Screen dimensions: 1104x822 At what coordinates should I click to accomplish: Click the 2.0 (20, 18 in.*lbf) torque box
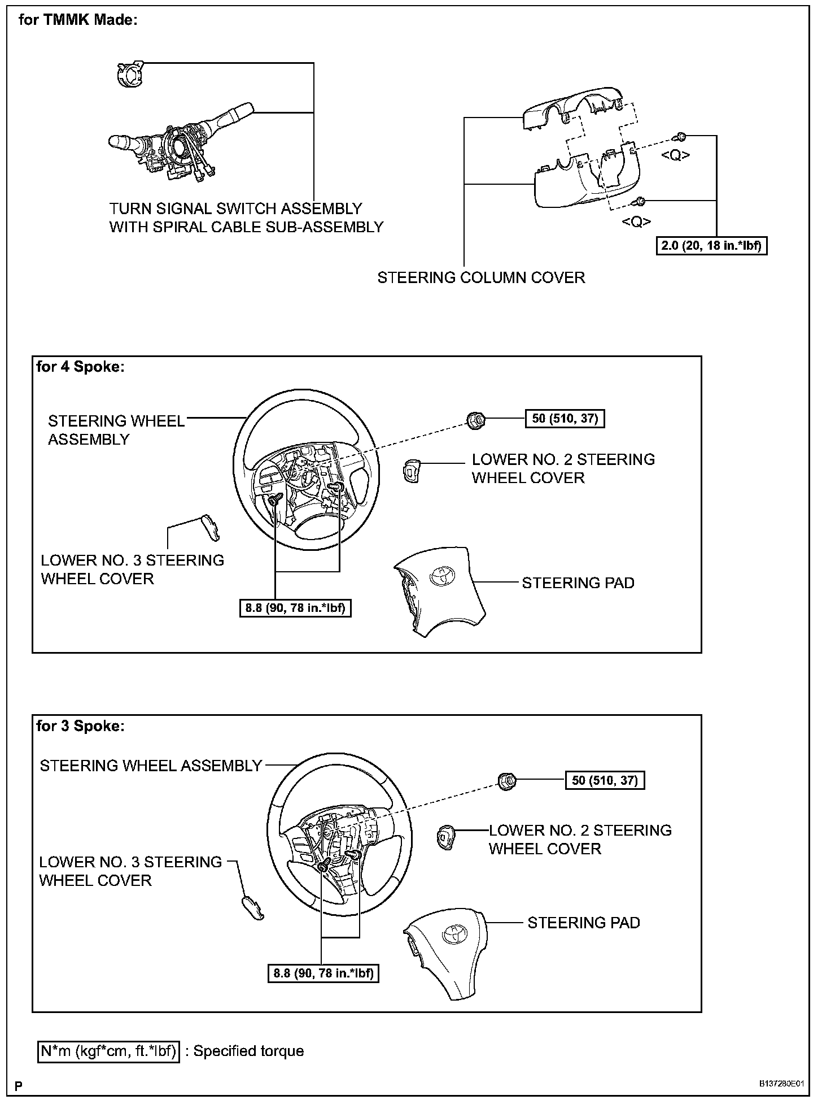[711, 246]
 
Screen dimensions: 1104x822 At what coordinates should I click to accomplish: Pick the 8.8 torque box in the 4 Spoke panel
[295, 608]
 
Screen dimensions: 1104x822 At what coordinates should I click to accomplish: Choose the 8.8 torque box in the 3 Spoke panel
[323, 973]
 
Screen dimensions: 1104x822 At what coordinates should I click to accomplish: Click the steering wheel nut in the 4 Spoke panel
[475, 420]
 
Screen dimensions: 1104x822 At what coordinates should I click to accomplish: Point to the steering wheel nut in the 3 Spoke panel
[507, 780]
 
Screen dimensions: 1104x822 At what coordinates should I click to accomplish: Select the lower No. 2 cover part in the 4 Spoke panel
[410, 471]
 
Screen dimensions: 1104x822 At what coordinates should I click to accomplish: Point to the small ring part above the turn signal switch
[128, 74]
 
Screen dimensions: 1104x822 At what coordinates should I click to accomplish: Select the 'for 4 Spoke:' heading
[80, 367]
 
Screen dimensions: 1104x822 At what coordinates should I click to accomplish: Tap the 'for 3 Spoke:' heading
[80, 726]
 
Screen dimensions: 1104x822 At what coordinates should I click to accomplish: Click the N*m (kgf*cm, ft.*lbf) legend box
[108, 1051]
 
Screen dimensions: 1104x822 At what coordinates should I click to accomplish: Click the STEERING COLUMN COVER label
[481, 277]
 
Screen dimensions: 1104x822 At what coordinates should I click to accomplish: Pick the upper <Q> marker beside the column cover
[675, 155]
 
